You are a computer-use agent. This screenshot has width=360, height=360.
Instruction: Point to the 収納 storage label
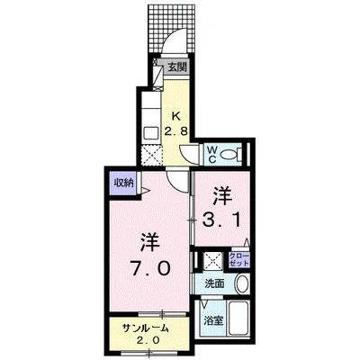122,182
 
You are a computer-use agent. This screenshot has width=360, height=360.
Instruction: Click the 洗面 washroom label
213,284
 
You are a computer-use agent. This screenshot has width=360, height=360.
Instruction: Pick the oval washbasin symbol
240,284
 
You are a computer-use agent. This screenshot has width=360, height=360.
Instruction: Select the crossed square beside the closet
213,261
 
